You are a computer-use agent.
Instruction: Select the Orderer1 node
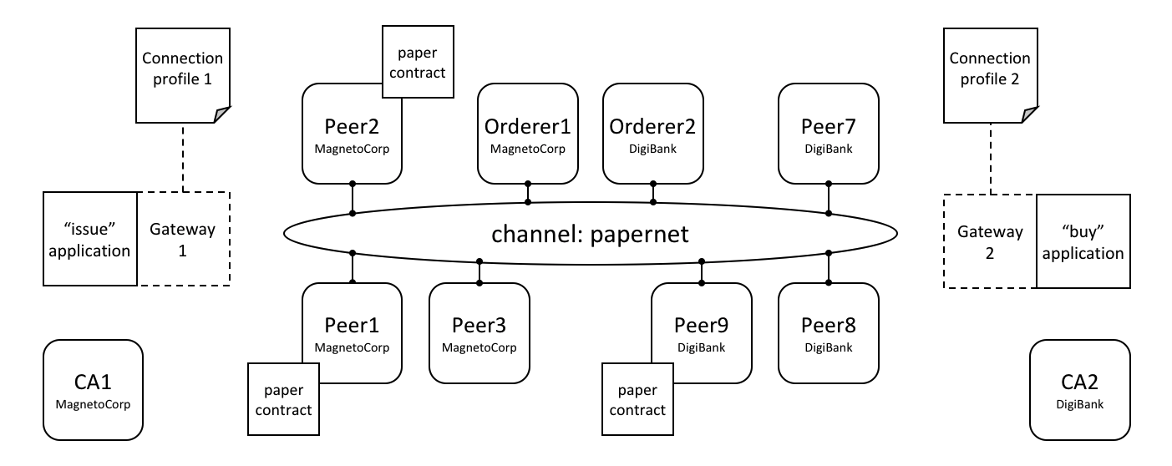(527, 134)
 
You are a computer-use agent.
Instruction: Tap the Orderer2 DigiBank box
(653, 134)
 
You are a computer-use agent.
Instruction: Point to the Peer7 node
(828, 134)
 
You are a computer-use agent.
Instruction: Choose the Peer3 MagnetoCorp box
(479, 333)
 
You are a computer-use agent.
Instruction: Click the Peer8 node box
(828, 333)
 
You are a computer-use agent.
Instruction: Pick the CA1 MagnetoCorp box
(93, 390)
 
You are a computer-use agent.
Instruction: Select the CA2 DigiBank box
(1080, 390)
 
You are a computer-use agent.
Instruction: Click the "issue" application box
(90, 239)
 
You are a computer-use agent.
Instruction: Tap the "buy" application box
(1083, 241)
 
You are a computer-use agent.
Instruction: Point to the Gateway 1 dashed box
(183, 239)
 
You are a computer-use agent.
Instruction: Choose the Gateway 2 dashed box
(990, 241)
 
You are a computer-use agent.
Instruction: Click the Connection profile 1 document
(183, 75)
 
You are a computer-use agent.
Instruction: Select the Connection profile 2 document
(991, 75)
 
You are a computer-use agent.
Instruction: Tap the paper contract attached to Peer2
(418, 62)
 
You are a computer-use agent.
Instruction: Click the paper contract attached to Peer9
(638, 399)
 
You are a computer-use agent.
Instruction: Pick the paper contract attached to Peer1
(283, 399)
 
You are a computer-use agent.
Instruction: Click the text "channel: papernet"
(590, 234)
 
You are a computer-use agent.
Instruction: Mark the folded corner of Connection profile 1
(222, 114)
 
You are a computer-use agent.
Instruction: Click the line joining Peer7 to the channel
(828, 199)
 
